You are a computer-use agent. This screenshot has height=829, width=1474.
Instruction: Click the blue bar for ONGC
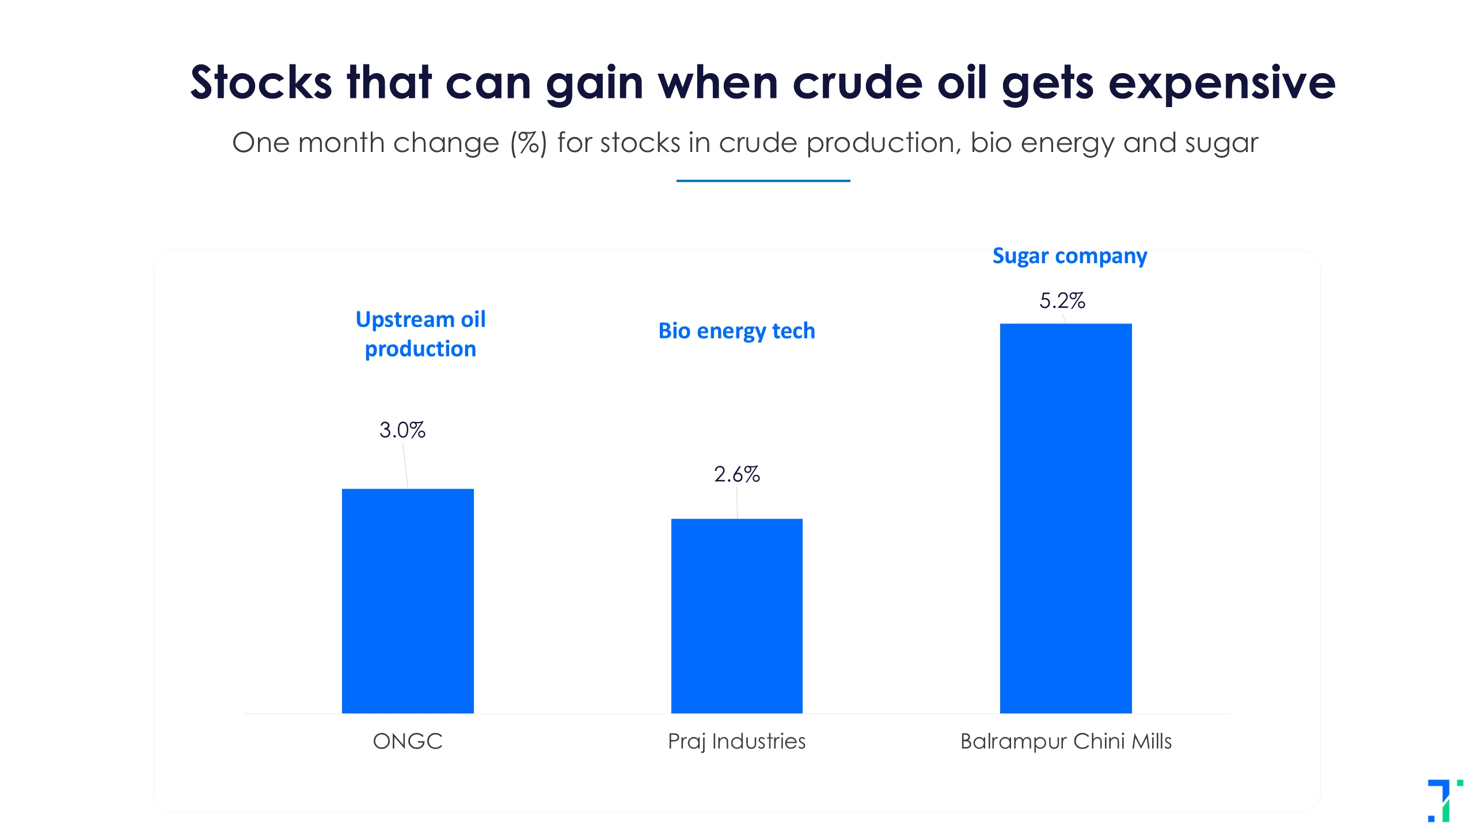[408, 601]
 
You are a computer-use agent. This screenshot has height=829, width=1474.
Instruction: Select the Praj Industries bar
[737, 616]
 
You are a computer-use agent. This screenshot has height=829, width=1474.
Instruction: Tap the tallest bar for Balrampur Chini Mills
[1066, 518]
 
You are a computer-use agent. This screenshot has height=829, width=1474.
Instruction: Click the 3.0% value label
[402, 430]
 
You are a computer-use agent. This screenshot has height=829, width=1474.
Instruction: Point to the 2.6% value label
[737, 474]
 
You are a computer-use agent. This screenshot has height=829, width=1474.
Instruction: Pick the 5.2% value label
[1062, 301]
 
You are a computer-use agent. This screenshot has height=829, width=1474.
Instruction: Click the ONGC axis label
[408, 741]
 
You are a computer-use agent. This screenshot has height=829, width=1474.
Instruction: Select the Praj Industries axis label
[737, 741]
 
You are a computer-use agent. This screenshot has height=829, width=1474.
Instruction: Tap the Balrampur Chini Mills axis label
[1066, 741]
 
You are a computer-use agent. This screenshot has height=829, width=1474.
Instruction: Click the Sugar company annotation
[1070, 256]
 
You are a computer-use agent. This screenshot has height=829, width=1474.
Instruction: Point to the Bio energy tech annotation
[737, 332]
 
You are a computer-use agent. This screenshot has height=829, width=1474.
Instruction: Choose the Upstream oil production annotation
[421, 334]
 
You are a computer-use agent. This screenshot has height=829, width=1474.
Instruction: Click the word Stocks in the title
[261, 82]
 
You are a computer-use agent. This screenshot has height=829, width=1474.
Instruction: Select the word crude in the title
[858, 82]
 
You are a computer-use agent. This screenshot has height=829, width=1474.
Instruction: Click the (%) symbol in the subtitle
[529, 143]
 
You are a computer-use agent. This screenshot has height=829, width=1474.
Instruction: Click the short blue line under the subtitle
[763, 181]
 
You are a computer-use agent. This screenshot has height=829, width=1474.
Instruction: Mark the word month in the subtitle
[341, 142]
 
